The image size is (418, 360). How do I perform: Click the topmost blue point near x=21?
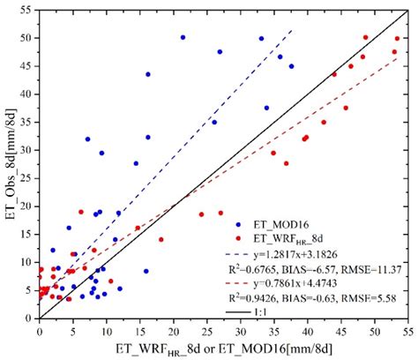(183, 37)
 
